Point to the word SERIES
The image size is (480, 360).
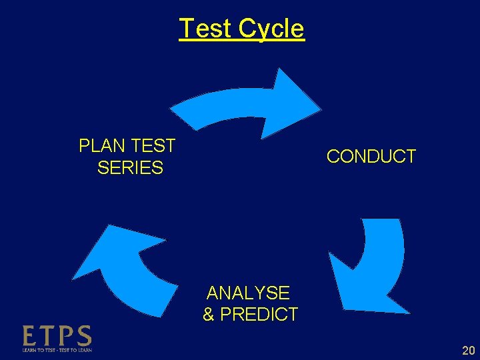130,167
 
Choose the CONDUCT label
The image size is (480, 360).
371,157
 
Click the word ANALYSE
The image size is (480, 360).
248,293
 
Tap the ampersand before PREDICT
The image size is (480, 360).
209,314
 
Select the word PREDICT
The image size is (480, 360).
259,314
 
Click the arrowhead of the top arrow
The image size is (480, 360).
293,101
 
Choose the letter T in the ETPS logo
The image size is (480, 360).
48,336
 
